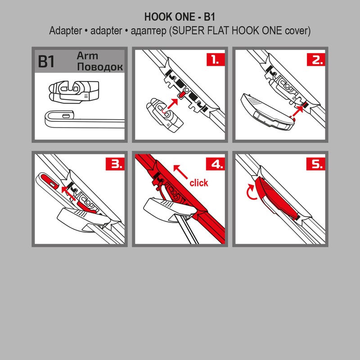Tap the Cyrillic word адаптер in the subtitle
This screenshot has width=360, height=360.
(147, 31)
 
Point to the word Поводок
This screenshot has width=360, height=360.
(100, 67)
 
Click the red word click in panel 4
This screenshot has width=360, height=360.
(199, 183)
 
